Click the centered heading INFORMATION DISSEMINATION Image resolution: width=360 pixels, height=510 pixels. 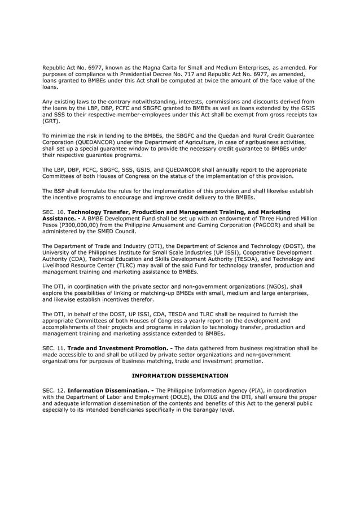[180, 375]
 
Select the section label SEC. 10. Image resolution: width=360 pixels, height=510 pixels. [53, 211]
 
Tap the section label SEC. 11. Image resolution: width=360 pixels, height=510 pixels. [53, 348]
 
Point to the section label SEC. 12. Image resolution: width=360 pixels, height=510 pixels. [53, 390]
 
